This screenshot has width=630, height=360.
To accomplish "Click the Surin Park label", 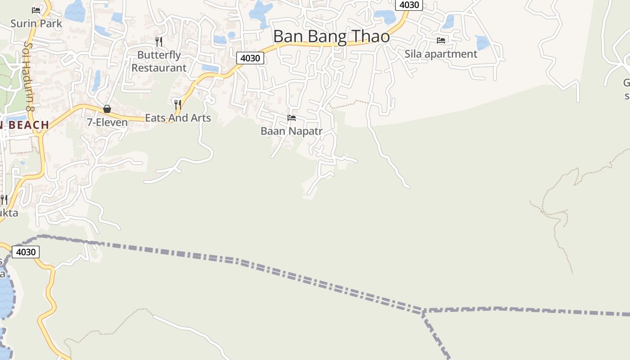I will coord(36,23).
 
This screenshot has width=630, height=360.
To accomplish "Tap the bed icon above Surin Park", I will coord(36,10).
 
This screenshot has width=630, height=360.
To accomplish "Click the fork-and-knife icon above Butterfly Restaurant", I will coord(158,42).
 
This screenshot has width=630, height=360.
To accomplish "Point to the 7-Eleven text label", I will coord(107,122).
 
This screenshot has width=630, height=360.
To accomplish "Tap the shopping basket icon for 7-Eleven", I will coord(107,109).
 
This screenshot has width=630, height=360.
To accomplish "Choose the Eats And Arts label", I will coord(178,118).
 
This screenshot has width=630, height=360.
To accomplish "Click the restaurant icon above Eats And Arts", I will coord(178,105).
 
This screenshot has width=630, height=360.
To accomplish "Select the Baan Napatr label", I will coord(292,131).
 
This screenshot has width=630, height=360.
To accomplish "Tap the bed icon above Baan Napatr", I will coord(292,118).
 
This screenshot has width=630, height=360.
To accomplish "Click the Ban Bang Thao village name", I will coord(331,36).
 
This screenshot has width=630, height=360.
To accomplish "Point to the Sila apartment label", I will coord(441,54).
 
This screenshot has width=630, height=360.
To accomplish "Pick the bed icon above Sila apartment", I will coord(441,40).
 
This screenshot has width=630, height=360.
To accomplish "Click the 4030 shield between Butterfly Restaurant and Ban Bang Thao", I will coord(250,58).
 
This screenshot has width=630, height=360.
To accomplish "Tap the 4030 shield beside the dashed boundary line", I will coord(25,252).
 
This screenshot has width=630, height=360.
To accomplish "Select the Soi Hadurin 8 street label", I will coord(30,76).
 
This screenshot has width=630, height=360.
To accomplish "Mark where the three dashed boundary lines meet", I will coord(423,311).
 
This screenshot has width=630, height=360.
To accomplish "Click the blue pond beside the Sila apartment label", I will coord(481,42).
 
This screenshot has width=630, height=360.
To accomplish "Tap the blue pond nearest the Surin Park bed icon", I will coord(75,11).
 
